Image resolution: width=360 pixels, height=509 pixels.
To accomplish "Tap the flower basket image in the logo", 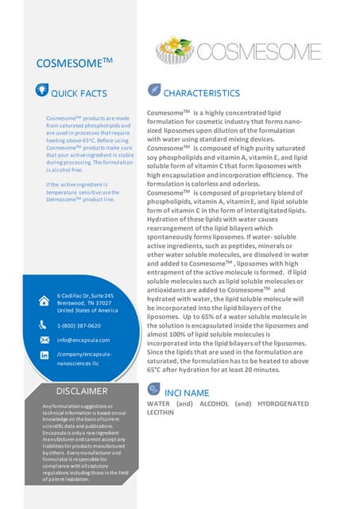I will point(184,52).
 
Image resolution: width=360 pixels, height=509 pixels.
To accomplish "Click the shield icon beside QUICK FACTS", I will point(45,92).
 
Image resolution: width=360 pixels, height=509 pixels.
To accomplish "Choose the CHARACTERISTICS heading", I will point(201,94).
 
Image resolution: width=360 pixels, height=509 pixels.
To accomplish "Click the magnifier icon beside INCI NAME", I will point(153,390).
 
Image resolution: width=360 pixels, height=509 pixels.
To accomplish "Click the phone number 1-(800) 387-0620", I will point(78,326).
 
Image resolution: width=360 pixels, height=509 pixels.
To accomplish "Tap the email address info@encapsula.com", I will point(83,340).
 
